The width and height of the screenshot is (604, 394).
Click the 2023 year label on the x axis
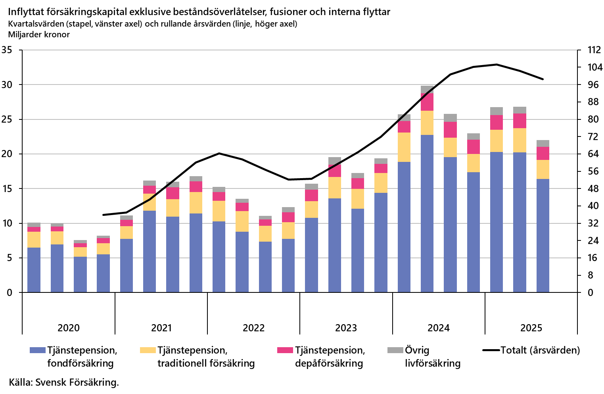click(346, 328)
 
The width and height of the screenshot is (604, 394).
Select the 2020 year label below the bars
click(68, 328)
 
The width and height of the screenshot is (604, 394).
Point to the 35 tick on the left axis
click(7, 50)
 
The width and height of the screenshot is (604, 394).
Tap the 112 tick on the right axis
click(594, 50)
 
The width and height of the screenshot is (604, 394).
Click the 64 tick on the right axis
click(593, 154)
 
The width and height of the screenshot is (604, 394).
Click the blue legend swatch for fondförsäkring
click(38, 350)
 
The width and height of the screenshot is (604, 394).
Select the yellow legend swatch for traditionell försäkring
click(148, 350)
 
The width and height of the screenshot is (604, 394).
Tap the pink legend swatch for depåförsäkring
click(285, 350)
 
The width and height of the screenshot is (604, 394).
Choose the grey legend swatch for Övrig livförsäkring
click(395, 350)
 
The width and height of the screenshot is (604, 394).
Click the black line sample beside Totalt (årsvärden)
click(491, 350)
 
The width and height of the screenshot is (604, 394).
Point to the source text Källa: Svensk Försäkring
click(63, 382)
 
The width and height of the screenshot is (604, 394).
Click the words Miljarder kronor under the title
click(39, 35)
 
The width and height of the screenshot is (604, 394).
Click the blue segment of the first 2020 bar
click(34, 270)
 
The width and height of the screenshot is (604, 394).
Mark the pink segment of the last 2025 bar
click(543, 153)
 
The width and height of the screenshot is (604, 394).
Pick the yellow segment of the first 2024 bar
click(404, 147)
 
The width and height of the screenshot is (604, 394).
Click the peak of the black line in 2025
click(497, 64)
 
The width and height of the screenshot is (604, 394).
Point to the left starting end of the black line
click(103, 215)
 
